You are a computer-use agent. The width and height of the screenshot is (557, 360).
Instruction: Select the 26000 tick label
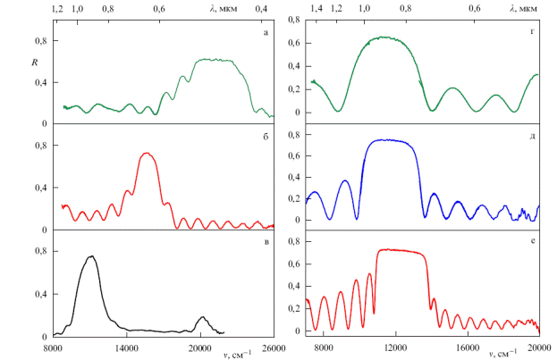pyautogui.click(x=273, y=348)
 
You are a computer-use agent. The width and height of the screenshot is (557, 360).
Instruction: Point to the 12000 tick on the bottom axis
pyautogui.click(x=395, y=348)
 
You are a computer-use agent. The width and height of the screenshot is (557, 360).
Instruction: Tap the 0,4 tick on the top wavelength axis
pyautogui.click(x=262, y=8)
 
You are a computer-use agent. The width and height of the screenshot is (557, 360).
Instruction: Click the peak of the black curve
pyautogui.click(x=91, y=256)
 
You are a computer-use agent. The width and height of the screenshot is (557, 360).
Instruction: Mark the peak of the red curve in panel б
pyautogui.click(x=148, y=153)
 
